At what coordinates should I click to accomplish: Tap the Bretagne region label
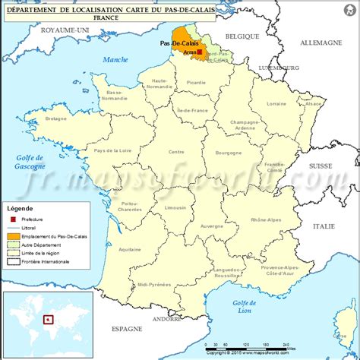[x=56, y=118]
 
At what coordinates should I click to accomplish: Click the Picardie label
[x=197, y=82]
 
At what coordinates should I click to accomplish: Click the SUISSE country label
[x=321, y=166]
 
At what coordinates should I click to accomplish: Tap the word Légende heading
[x=21, y=207]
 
